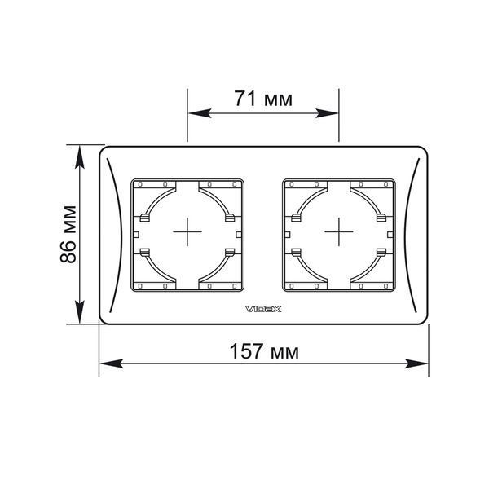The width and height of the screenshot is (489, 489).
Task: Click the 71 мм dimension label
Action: pyautogui.click(x=263, y=99)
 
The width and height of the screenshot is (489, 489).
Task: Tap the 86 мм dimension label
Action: pyautogui.click(x=68, y=234)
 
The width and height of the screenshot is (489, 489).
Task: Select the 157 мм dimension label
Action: pyautogui.click(x=264, y=351)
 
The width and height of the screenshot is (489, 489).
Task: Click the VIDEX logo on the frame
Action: pyautogui.click(x=263, y=309)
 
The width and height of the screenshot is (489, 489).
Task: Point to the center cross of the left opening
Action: pyautogui.click(x=187, y=231)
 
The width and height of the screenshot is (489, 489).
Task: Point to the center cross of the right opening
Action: pyautogui.click(x=339, y=231)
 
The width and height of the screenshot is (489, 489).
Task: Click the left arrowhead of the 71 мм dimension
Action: pyautogui.click(x=200, y=113)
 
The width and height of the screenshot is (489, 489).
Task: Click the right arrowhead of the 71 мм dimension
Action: pyautogui.click(x=327, y=113)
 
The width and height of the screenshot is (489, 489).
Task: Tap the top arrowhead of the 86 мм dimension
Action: pyautogui.click(x=80, y=156)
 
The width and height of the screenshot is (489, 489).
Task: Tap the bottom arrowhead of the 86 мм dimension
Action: pyautogui.click(x=80, y=311)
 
